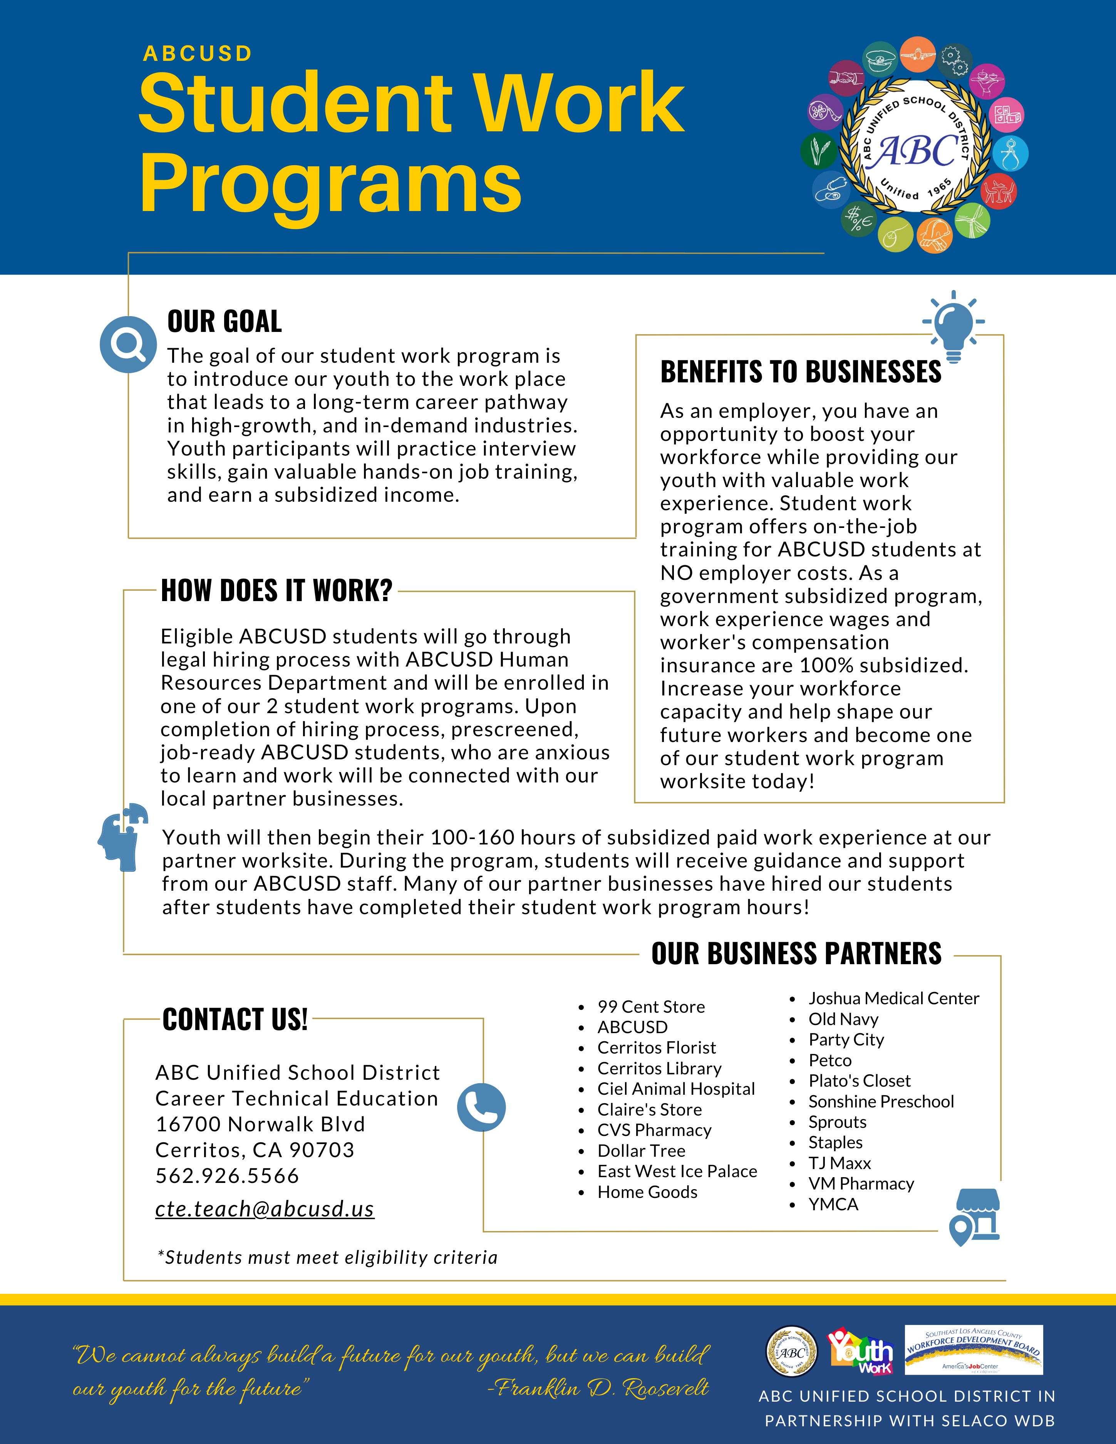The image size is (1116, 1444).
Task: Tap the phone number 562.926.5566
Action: (228, 1176)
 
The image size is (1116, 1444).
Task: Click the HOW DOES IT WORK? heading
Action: (276, 590)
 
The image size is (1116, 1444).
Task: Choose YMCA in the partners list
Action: (833, 1204)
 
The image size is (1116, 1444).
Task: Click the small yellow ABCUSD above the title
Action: (198, 54)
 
